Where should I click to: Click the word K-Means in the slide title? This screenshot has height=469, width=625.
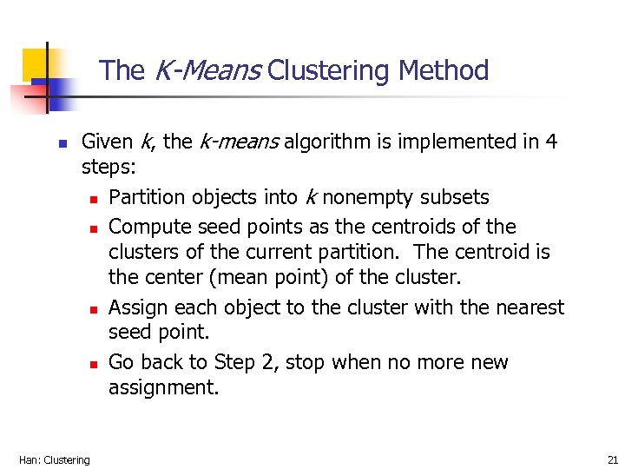click(207, 70)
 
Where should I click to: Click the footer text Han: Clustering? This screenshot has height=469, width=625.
click(55, 459)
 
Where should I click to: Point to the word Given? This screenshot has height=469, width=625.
click(107, 142)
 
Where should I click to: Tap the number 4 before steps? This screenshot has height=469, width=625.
click(552, 142)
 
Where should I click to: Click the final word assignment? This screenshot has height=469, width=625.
click(164, 388)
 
